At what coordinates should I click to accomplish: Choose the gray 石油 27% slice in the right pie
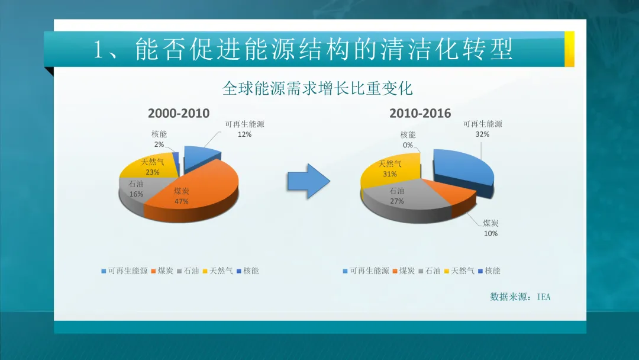pyautogui.click(x=402, y=198)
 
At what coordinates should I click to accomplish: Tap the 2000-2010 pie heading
pyautogui.click(x=179, y=113)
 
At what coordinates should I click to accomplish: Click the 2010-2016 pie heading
pyautogui.click(x=420, y=113)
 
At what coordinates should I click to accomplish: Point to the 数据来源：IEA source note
pyautogui.click(x=520, y=297)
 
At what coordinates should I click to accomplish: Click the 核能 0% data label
pyautogui.click(x=408, y=140)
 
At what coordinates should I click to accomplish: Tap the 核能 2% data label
pyautogui.click(x=159, y=139)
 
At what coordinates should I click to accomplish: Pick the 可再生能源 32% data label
pyautogui.click(x=482, y=129)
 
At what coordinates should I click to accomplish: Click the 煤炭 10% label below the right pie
pyautogui.click(x=490, y=228)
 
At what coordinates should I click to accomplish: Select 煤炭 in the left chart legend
pyautogui.click(x=163, y=271)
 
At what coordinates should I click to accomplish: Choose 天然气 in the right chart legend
pyautogui.click(x=460, y=271)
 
